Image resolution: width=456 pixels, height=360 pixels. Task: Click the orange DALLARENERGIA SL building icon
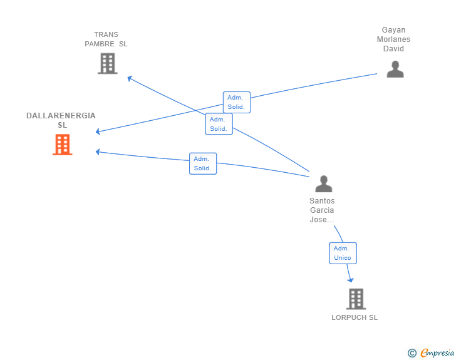[62, 145]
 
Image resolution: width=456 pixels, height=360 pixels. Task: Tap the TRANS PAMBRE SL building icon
[108, 63]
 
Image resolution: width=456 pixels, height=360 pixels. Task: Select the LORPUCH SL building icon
[356, 299]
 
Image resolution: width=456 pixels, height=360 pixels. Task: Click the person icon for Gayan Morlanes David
[395, 69]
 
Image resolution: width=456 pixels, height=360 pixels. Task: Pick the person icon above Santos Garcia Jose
[324, 184]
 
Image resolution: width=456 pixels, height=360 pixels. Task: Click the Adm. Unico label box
[343, 254]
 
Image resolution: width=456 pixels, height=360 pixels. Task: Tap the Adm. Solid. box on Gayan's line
[237, 102]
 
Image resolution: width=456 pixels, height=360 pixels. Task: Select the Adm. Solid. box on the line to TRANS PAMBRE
[219, 124]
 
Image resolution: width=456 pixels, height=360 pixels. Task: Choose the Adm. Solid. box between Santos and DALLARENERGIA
[203, 163]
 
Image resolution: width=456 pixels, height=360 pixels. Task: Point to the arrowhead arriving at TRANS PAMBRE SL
[130, 78]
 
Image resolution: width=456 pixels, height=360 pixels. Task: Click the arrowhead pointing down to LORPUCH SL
[351, 280]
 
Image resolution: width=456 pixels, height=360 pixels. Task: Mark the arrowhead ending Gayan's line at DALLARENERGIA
[98, 131]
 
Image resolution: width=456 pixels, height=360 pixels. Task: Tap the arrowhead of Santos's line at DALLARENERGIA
[98, 152]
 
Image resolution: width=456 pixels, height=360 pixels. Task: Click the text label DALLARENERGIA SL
[61, 120]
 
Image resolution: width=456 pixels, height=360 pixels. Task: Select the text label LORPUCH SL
[355, 317]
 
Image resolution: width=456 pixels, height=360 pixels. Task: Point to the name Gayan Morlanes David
[393, 39]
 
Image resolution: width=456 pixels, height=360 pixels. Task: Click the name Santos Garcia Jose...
[322, 210]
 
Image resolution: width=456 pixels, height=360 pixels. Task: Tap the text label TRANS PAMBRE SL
[106, 39]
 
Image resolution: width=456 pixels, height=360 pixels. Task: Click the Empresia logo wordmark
[437, 352]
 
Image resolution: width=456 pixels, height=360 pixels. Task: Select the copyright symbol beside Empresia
[412, 353]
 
